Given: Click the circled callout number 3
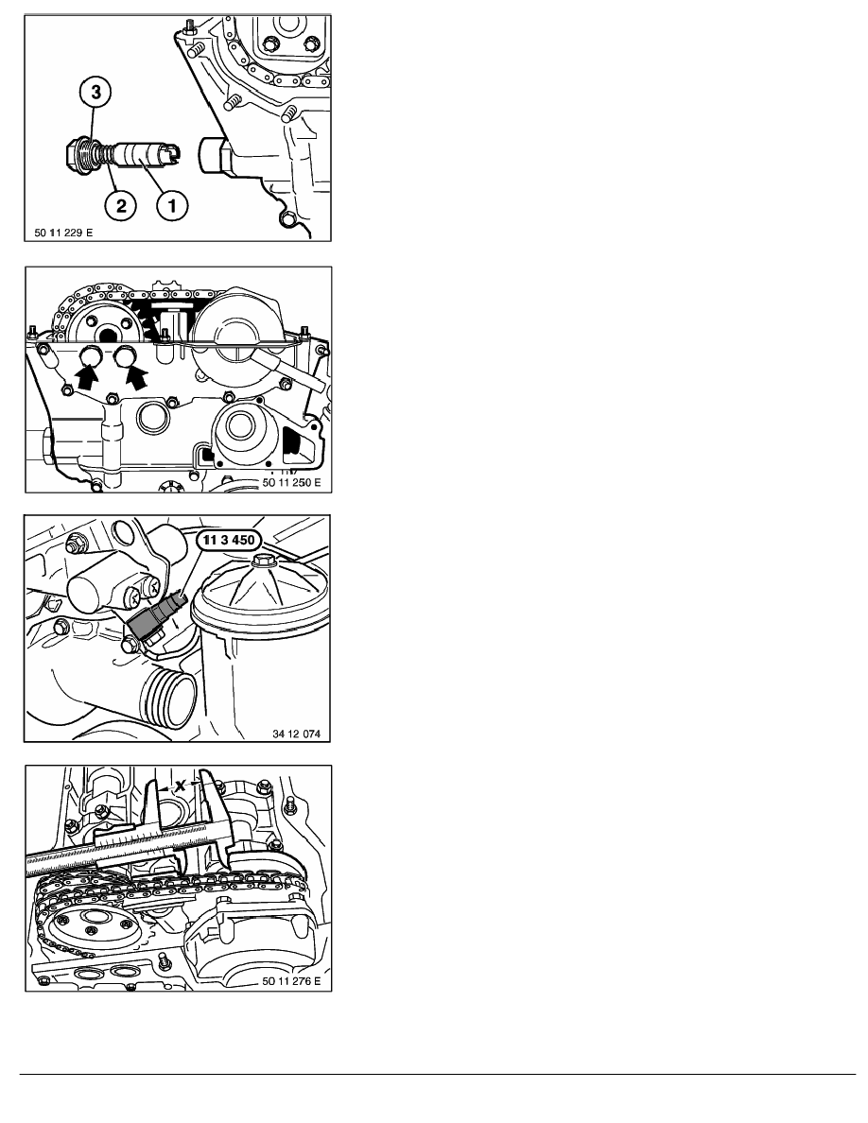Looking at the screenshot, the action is [95, 93].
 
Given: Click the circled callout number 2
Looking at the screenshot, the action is [120, 205].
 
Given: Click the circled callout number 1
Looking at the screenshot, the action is [172, 205].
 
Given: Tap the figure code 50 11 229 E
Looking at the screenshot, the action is [63, 232].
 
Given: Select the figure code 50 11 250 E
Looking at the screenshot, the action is [291, 483].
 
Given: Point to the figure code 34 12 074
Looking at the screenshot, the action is [297, 734].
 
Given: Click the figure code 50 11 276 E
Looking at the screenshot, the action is [291, 981].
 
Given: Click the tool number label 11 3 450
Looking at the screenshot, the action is [229, 540].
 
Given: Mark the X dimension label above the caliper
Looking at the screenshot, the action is [180, 785].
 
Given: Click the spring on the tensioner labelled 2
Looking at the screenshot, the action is [106, 152].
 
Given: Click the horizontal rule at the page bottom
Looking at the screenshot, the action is [438, 1074].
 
